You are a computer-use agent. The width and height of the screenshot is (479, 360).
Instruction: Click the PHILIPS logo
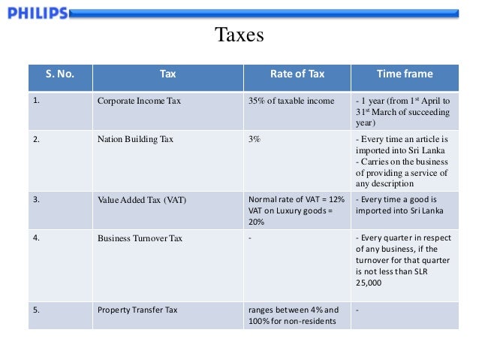click(35, 13)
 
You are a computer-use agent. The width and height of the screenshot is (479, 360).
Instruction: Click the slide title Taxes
click(239, 35)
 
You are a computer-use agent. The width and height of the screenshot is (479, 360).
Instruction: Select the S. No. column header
click(60, 74)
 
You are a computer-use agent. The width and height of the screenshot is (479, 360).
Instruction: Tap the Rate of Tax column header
click(297, 74)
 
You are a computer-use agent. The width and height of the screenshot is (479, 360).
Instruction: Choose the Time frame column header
click(404, 74)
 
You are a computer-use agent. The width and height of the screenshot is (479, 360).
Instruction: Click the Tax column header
click(168, 74)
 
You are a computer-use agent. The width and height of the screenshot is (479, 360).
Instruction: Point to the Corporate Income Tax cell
click(139, 101)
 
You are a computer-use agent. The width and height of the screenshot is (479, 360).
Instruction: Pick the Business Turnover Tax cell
click(140, 239)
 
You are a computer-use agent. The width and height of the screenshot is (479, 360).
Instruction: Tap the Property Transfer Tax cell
click(138, 310)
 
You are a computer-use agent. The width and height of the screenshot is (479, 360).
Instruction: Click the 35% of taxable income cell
click(291, 101)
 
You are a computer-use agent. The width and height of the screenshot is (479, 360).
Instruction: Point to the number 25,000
click(368, 283)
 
